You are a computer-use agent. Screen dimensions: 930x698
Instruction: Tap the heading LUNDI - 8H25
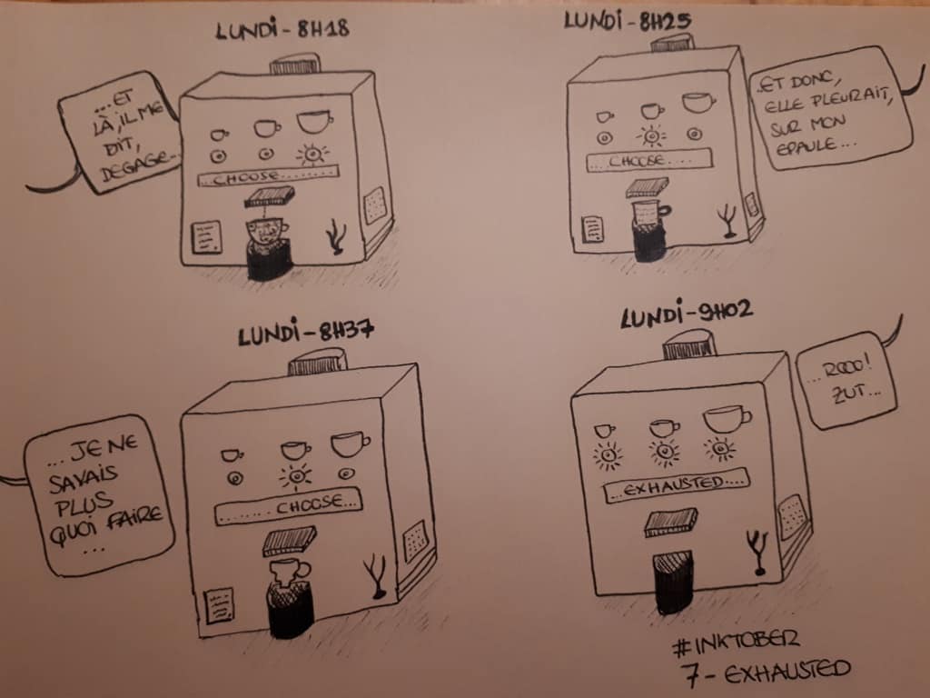point(628,22)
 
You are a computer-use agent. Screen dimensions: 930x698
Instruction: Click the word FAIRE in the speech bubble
point(134,519)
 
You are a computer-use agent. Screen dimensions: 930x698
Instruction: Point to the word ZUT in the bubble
point(852,393)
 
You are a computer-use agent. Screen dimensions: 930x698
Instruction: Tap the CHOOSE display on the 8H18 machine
point(268,176)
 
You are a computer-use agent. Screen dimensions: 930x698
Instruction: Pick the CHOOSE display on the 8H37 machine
point(288,506)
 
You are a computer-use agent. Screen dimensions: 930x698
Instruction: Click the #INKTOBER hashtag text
point(736,643)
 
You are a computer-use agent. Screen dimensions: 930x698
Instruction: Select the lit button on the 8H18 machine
point(312,155)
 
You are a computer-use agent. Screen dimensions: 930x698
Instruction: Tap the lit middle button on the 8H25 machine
point(650,137)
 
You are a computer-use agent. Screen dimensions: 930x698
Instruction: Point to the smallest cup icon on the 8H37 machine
point(232,455)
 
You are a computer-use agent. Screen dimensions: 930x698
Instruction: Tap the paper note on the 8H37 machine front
point(220,605)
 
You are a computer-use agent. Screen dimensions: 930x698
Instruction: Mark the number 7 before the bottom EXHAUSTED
point(691,674)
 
